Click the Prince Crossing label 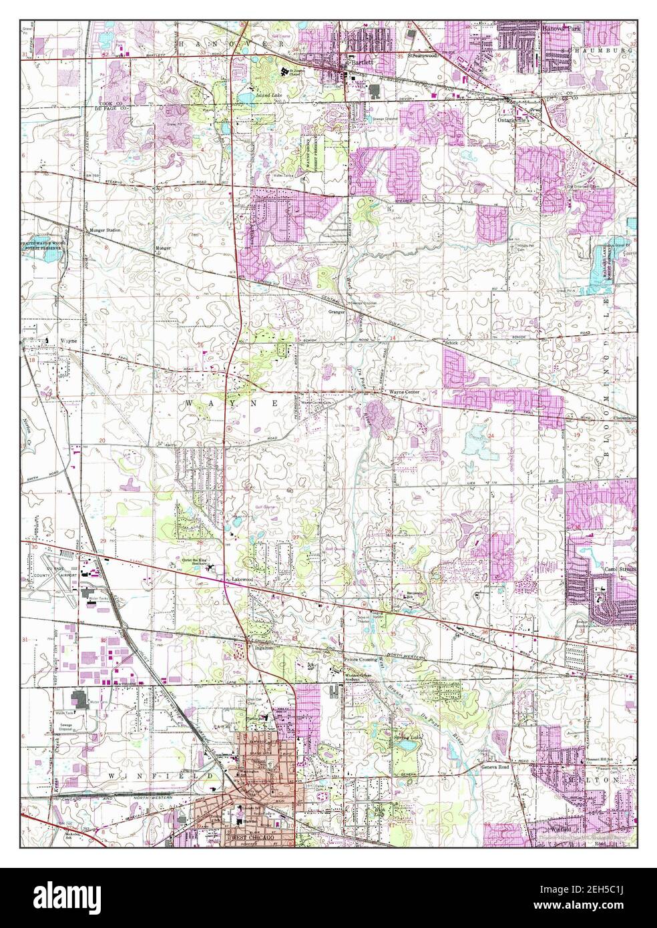click(359, 659)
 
